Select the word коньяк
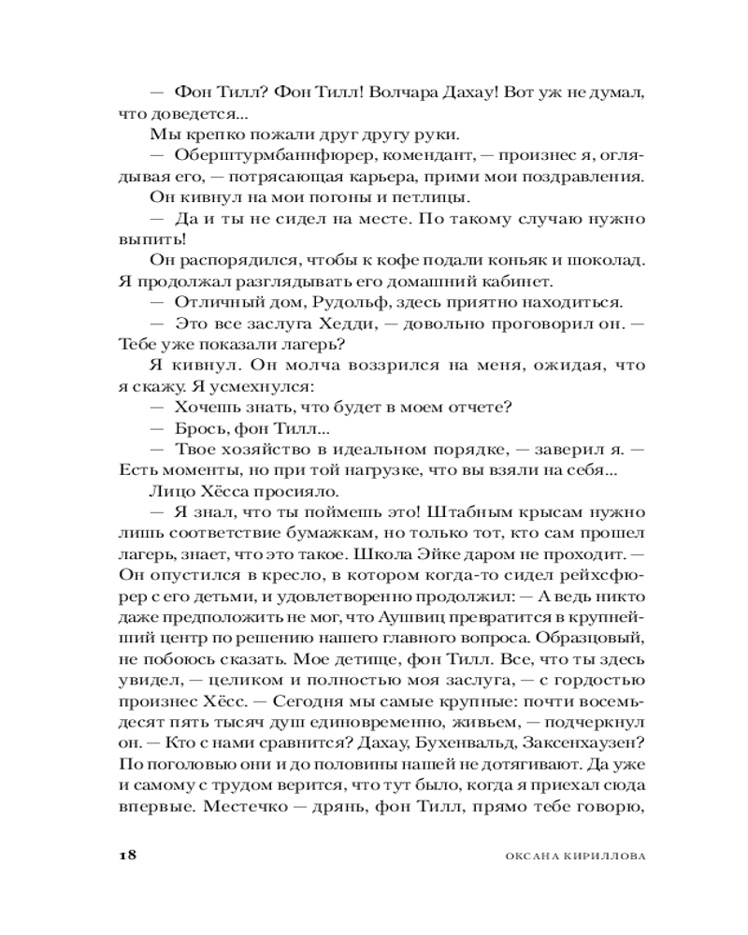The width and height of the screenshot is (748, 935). (480, 260)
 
